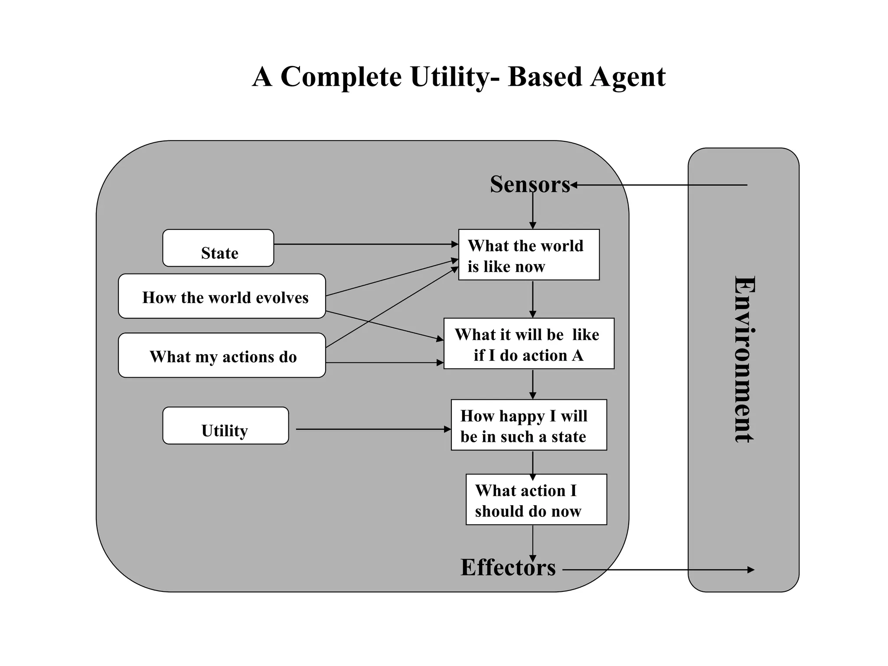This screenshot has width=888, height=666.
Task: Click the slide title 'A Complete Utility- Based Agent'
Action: [x=459, y=77]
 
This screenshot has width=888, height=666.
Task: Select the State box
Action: [x=218, y=248]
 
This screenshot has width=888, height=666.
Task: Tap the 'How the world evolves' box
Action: [x=222, y=297]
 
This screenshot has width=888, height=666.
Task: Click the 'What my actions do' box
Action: [x=222, y=356]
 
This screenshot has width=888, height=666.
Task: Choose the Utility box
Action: [x=225, y=426]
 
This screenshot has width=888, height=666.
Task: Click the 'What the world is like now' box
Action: [x=529, y=255]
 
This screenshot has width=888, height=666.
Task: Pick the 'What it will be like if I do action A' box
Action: [x=529, y=344]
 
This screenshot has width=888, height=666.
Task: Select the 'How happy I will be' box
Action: [x=529, y=425]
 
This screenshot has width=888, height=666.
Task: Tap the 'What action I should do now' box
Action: [x=536, y=499]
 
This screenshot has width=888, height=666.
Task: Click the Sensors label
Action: [x=529, y=184]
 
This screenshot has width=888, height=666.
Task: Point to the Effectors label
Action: [x=508, y=567]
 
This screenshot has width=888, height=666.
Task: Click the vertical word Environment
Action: [x=744, y=359]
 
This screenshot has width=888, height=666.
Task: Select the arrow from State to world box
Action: [x=366, y=244]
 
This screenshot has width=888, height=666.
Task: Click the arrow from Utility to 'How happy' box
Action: [x=373, y=429]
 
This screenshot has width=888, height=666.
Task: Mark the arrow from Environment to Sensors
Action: [x=659, y=185]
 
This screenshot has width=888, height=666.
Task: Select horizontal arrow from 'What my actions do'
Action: [x=384, y=362]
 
